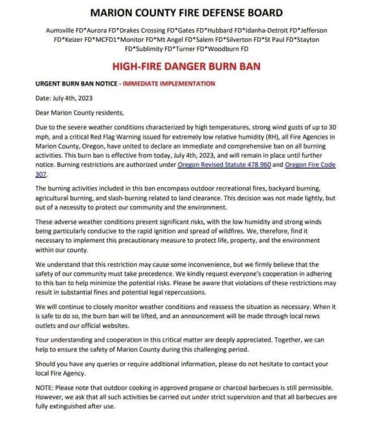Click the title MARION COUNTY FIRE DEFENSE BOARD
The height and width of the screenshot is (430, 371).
click(185, 13)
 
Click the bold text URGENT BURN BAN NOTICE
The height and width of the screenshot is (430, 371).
click(75, 84)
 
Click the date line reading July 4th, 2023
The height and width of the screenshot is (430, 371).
click(64, 98)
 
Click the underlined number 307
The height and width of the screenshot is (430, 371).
click(40, 174)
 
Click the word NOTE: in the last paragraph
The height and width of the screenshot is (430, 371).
click(46, 388)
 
